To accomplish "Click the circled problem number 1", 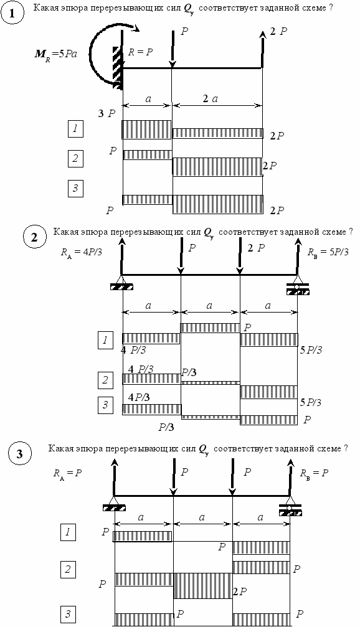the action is (x=12, y=13).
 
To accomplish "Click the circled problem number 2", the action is (x=34, y=237).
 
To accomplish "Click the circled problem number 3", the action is (x=19, y=455).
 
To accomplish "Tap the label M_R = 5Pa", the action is (x=55, y=54).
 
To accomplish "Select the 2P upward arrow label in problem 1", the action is (x=278, y=32).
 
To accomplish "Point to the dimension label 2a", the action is (x=210, y=99).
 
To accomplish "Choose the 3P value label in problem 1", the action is (x=107, y=113).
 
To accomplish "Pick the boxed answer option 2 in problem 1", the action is (x=75, y=159).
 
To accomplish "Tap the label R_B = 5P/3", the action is (x=328, y=252).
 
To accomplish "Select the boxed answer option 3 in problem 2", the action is (x=105, y=405).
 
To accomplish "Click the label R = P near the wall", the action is (x=141, y=52).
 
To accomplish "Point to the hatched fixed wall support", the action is (x=117, y=67).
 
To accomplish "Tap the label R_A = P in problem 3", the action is (x=68, y=473).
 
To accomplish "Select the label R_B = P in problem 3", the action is (x=315, y=473).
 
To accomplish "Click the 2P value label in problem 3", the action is (x=240, y=591).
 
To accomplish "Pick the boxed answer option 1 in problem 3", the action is (x=68, y=532).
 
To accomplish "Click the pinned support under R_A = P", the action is (x=115, y=504).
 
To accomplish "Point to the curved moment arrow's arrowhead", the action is (x=136, y=29).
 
